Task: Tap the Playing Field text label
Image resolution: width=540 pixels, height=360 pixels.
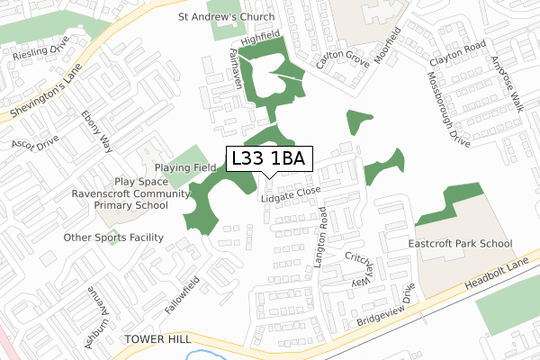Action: coord(185,167)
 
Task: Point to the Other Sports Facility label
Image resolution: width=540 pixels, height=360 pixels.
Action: coord(113,238)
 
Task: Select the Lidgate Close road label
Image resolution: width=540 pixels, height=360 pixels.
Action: coord(291,194)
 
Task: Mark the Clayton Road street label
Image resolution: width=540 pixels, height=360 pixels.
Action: coord(457,56)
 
